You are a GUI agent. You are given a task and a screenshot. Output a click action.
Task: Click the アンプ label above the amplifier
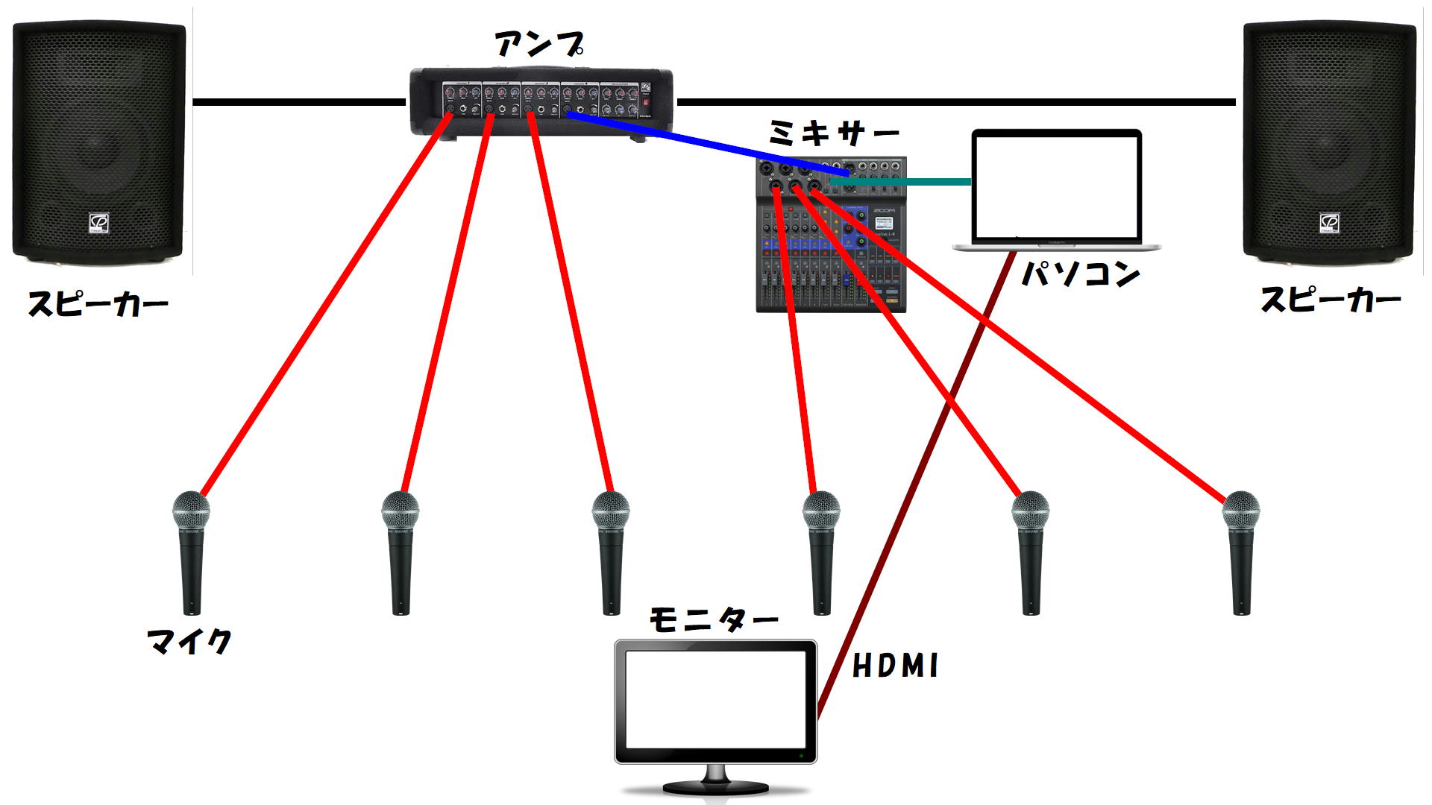pyautogui.click(x=538, y=45)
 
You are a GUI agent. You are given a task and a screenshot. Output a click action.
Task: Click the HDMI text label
pyautogui.click(x=895, y=666)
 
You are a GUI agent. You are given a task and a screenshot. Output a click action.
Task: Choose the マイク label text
pyautogui.click(x=189, y=641)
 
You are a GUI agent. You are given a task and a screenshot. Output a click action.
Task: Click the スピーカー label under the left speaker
pyautogui.click(x=98, y=304)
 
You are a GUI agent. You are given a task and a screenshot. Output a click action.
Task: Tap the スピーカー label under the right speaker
pyautogui.click(x=1331, y=300)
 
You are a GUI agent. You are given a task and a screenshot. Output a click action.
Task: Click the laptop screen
pyautogui.click(x=1057, y=186)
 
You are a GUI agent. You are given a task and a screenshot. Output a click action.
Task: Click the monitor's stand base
pyautogui.click(x=715, y=787)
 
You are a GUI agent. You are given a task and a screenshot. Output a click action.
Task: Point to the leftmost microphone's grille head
pyautogui.click(x=191, y=510)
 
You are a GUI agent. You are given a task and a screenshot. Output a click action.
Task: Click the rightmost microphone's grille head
pyautogui.click(x=1241, y=510)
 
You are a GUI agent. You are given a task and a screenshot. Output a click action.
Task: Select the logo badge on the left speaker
pyautogui.click(x=99, y=222)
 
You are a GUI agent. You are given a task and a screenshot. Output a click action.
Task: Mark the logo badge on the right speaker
pyautogui.click(x=1329, y=222)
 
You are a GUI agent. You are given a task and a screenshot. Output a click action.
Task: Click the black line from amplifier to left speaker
pyautogui.click(x=298, y=101)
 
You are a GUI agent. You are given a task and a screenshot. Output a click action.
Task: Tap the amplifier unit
pyautogui.click(x=541, y=101)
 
